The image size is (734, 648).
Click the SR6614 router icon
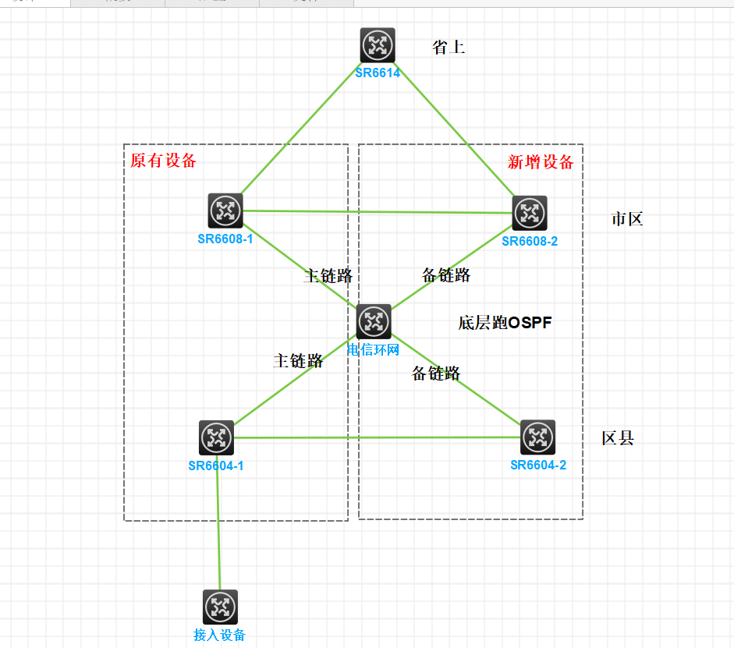coord(378,45)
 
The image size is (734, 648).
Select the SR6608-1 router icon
coord(225,211)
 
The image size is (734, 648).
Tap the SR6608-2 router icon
coord(530,213)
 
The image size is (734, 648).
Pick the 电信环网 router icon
coord(374,321)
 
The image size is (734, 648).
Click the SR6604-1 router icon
coord(216,438)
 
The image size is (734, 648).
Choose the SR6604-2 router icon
coord(537,437)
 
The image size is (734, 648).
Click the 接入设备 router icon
coord(220,607)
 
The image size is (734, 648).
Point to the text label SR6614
coord(378,73)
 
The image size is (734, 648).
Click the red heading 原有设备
coord(163,161)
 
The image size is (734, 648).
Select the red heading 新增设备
coord(541,162)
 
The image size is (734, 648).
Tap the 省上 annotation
coord(449,48)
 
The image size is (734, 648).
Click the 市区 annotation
coord(627,219)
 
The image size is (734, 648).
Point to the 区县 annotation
coord(618,438)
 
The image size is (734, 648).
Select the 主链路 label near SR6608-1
coord(328,275)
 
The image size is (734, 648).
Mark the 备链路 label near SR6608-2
coord(446,274)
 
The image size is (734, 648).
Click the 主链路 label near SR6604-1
coord(298,360)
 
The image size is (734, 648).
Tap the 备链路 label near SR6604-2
coord(436,374)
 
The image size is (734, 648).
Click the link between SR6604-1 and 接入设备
coord(218,530)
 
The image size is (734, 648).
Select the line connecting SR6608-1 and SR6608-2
coord(378,211)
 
